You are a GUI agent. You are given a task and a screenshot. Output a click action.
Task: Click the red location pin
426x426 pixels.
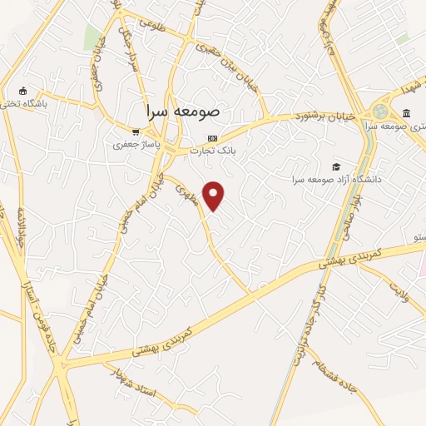pos(215,195)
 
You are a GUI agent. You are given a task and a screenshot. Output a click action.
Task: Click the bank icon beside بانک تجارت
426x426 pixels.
pos(212,137)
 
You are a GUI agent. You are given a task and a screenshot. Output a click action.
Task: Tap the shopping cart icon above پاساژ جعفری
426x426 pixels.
pos(136,131)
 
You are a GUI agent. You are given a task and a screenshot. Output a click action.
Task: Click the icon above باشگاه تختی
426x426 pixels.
pos(22,91)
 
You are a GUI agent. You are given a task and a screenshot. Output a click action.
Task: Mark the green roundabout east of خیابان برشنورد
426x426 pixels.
pos(380,111)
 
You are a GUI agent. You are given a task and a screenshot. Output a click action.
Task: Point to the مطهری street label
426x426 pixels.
pos(186,195)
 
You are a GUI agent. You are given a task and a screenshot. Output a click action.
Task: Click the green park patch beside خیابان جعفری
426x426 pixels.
pos(92,37)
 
